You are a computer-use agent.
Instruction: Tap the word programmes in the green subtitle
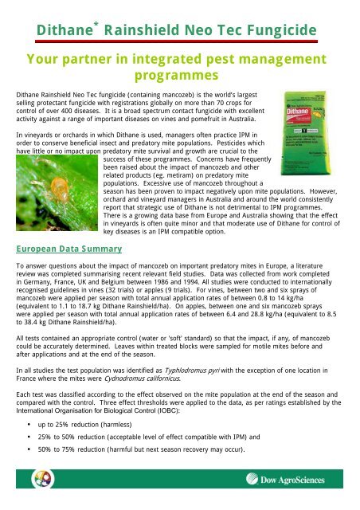[x=177, y=74]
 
